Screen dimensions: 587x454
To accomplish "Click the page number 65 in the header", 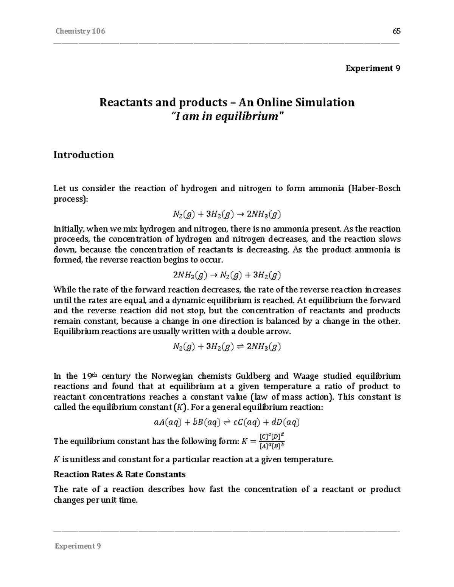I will [x=396, y=31].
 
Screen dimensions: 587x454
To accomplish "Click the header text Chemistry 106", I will [x=80, y=31].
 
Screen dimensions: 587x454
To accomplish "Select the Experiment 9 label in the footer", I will [x=78, y=546].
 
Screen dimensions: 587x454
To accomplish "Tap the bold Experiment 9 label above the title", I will [x=373, y=68].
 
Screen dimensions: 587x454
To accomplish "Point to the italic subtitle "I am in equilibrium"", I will [x=227, y=116].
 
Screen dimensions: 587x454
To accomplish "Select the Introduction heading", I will [x=84, y=155].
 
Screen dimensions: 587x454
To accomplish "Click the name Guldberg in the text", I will [x=253, y=376].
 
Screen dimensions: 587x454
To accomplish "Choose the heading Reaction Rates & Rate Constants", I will [x=120, y=474].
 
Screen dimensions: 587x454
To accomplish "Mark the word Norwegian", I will [x=172, y=376].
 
